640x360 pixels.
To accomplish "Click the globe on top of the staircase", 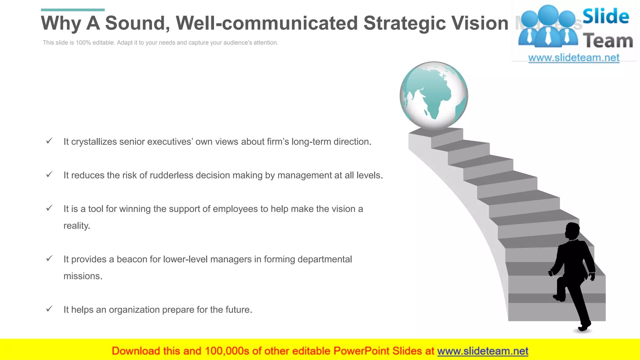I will [x=434, y=96].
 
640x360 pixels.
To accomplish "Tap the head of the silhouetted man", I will [x=572, y=231].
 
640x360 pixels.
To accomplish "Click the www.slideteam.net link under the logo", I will [x=573, y=58].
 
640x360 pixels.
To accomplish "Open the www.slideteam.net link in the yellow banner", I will [x=482, y=351].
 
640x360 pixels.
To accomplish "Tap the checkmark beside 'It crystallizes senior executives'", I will [x=49, y=141].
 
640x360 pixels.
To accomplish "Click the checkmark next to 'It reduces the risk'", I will [x=49, y=174].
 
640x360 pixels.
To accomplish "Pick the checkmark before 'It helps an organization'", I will [x=49, y=309].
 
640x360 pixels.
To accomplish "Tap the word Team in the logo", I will [x=608, y=41].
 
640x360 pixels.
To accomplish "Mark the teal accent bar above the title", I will [x=73, y=10].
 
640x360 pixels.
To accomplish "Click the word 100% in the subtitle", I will [x=83, y=43].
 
